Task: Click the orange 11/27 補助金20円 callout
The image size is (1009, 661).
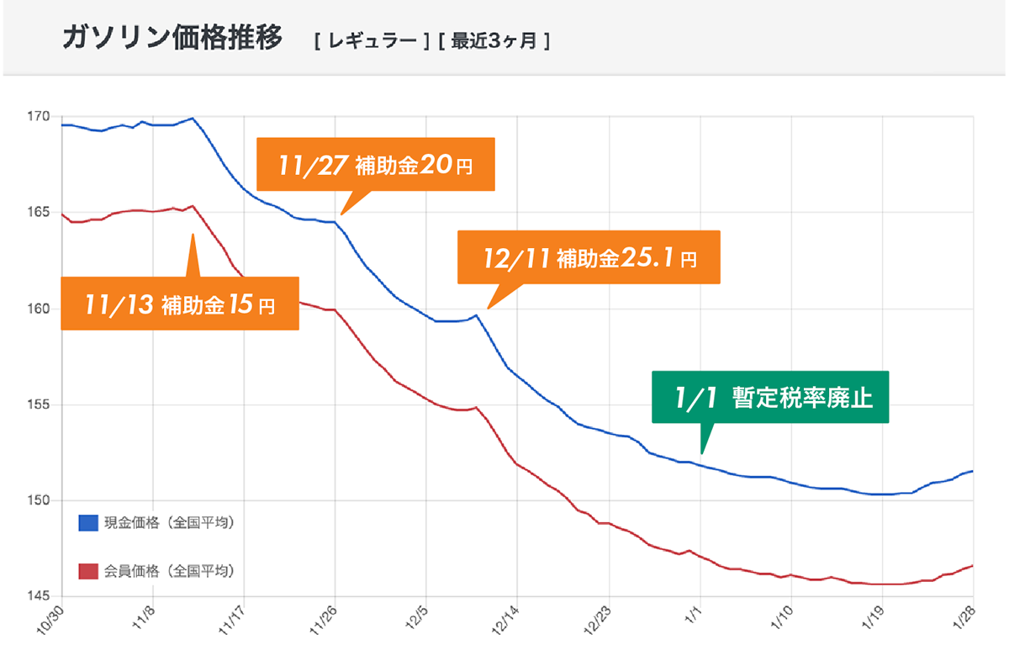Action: [375, 165]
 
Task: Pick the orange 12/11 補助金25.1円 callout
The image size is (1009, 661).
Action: [589, 256]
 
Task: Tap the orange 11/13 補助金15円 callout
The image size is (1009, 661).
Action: [181, 303]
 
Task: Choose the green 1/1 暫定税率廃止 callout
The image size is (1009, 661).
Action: [770, 397]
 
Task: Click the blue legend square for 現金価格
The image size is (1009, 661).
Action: [88, 523]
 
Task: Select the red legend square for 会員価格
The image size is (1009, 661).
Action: [88, 572]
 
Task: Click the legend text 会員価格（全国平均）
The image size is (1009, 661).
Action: [168, 572]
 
